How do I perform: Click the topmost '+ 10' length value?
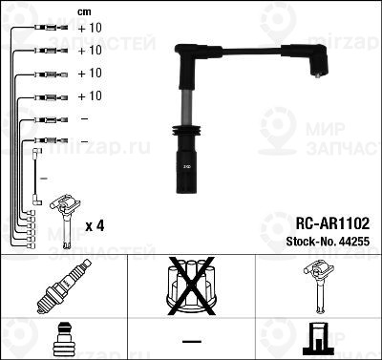pyautogui.click(x=89, y=29)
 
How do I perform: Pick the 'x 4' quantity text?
pyautogui.click(x=95, y=225)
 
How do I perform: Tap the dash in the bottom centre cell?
pyautogui.click(x=191, y=340)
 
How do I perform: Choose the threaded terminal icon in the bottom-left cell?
pyautogui.click(x=63, y=338)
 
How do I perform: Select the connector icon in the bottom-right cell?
pyautogui.click(x=318, y=338)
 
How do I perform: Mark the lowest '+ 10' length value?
pyautogui.click(x=89, y=96)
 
